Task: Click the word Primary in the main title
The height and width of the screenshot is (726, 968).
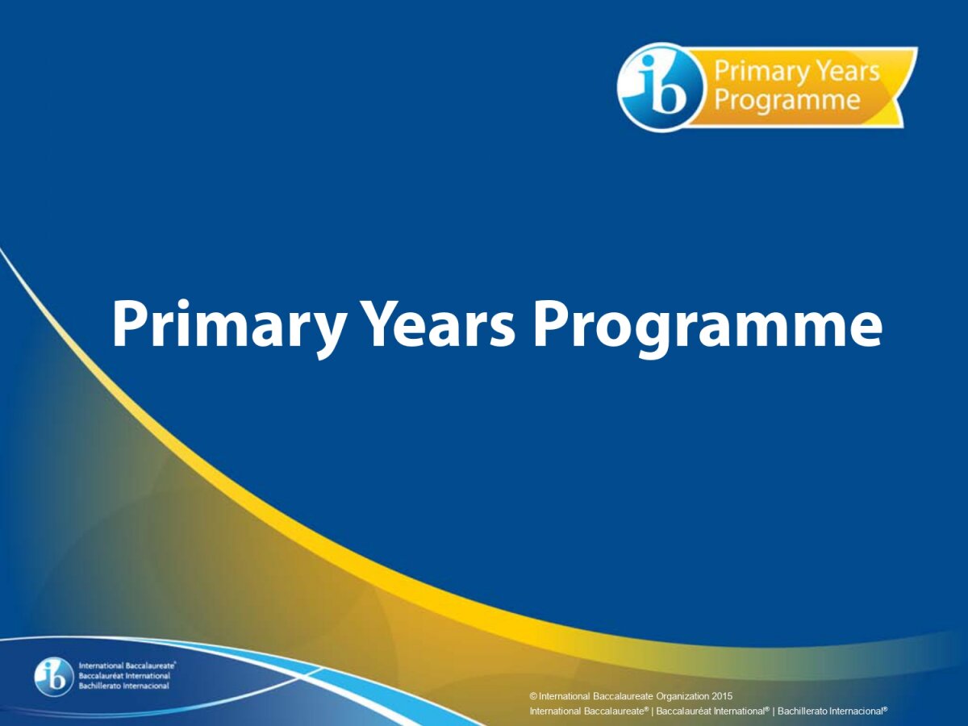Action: pyautogui.click(x=227, y=328)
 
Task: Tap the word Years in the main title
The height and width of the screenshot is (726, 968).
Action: pyautogui.click(x=437, y=323)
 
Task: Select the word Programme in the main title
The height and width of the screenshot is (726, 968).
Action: pyautogui.click(x=707, y=328)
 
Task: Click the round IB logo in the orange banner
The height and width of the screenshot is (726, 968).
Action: pyautogui.click(x=660, y=87)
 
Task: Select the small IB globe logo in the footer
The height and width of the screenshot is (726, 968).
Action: pyautogui.click(x=54, y=679)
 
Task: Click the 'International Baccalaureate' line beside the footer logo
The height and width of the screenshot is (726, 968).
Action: pyautogui.click(x=127, y=665)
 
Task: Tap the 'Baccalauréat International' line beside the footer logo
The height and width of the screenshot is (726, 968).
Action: pyautogui.click(x=124, y=676)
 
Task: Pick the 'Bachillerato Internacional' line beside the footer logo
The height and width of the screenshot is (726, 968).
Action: pyautogui.click(x=123, y=686)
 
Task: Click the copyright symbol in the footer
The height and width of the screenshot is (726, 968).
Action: pyautogui.click(x=533, y=696)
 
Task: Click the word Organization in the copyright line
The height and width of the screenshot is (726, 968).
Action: pyautogui.click(x=682, y=697)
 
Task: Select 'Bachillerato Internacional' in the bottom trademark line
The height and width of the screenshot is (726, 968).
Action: pyautogui.click(x=832, y=711)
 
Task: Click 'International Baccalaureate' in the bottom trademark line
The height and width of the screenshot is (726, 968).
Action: pyautogui.click(x=589, y=711)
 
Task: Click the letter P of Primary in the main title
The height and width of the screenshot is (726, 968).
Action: pyautogui.click(x=129, y=323)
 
